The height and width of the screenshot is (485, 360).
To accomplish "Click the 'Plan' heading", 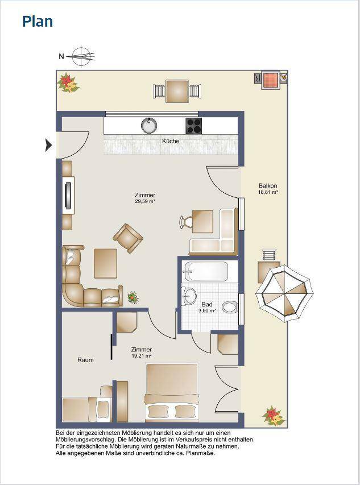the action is (x=38, y=22).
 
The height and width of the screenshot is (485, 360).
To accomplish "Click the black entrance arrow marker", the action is (x=48, y=145).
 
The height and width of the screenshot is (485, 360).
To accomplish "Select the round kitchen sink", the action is (x=149, y=125).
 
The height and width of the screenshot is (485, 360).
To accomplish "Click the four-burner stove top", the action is (x=193, y=126).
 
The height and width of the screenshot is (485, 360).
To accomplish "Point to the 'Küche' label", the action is (x=171, y=141).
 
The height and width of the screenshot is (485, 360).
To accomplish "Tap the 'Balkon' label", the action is (x=268, y=186).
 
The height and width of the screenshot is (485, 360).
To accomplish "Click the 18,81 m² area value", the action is (x=268, y=192).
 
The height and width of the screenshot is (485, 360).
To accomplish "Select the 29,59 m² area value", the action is (x=145, y=201).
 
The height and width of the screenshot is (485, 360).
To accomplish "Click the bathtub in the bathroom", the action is (x=205, y=271).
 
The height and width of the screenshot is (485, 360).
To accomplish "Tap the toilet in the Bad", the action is (x=230, y=307).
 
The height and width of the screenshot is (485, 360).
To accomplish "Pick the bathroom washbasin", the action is (x=189, y=296).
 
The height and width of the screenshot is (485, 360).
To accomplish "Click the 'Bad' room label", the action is (x=206, y=304).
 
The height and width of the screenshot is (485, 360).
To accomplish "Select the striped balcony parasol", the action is (x=284, y=293).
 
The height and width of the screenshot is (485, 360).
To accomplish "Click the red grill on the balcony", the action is (x=271, y=80).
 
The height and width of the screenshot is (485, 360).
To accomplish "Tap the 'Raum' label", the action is (x=85, y=360).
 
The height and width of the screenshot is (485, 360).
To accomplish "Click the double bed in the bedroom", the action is (x=172, y=392).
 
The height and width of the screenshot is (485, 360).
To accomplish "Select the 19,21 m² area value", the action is (x=142, y=356).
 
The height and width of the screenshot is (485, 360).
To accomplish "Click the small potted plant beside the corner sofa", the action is (x=133, y=297).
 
